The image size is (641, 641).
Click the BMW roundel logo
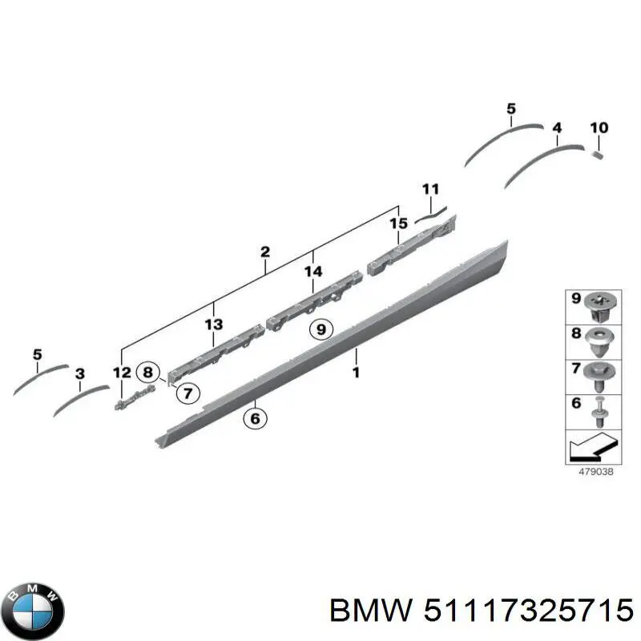(x=33, y=607)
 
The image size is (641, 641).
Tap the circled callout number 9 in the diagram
(x=320, y=329)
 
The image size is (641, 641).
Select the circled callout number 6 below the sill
(x=255, y=417)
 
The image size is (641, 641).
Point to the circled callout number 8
(x=147, y=372)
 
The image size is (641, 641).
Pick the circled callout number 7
(x=187, y=393)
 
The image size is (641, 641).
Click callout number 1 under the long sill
(x=357, y=373)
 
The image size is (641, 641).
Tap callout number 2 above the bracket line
(x=265, y=252)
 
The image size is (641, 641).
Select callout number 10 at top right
(x=599, y=128)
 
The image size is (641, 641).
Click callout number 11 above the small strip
(x=431, y=189)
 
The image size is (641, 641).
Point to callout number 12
(x=121, y=372)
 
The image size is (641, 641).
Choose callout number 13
(x=213, y=325)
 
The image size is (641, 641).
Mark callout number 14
(x=313, y=272)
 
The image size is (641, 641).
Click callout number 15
(x=398, y=223)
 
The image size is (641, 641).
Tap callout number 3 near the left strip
(x=79, y=373)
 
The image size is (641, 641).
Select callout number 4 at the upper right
(x=557, y=127)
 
